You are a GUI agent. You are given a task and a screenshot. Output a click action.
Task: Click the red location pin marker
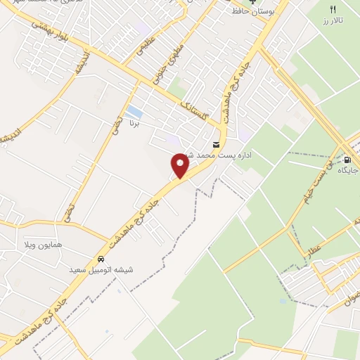pyautogui.click(x=180, y=165)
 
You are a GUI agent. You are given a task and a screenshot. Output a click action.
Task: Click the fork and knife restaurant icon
pyautogui.click(x=333, y=8)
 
